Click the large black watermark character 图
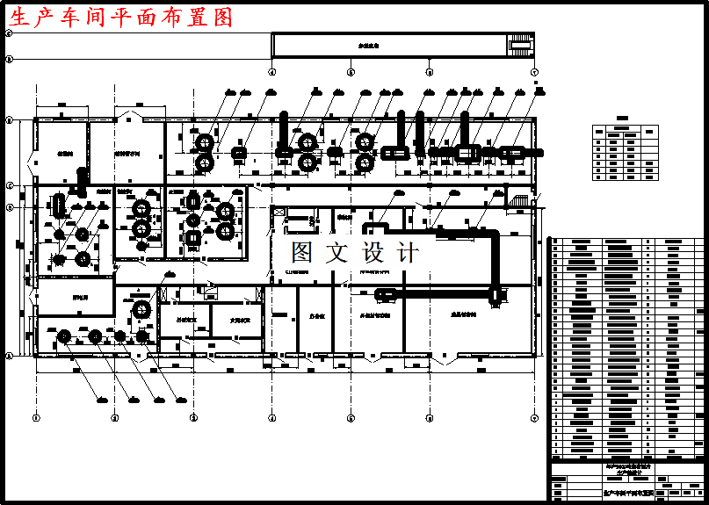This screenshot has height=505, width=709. [302, 254]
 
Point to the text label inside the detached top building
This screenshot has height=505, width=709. [361, 45]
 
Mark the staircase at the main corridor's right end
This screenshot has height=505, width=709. [521, 200]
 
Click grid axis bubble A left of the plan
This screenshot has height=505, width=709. [9, 357]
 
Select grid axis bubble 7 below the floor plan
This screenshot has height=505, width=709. [534, 418]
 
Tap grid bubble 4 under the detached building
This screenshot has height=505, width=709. [271, 71]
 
